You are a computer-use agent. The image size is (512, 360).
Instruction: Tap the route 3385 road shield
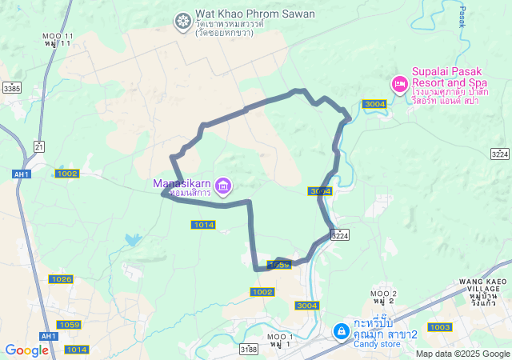coord(12,88)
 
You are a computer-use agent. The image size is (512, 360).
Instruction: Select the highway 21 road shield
coord(39,146)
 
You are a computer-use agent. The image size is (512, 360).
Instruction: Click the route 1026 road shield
coord(61,279)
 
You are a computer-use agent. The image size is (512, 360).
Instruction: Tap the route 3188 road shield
coord(249,350)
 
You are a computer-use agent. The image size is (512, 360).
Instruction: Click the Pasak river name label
coord(462,15)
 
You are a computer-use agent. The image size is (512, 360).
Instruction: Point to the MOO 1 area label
coord(280,336)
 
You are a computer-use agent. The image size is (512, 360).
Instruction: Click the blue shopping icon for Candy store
coord(341,330)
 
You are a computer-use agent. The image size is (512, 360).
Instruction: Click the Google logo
coord(27,350)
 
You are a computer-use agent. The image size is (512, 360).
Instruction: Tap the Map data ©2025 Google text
coord(462,354)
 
